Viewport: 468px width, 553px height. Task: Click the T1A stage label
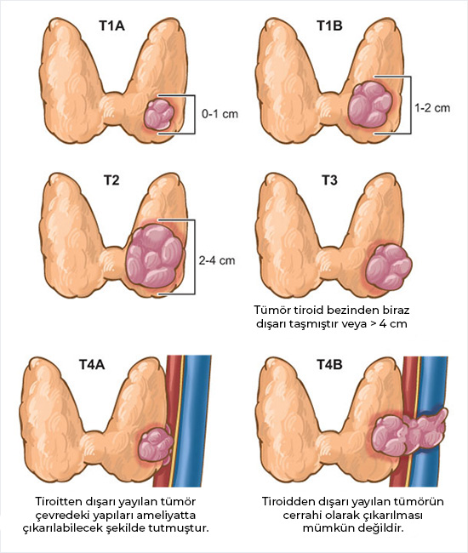click(111, 26)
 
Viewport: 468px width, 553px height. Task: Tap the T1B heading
click(329, 26)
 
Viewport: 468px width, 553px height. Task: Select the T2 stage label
click(111, 180)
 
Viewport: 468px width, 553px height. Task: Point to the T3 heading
click(329, 180)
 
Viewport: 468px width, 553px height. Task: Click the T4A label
click(92, 364)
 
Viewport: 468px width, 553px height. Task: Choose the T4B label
click(329, 364)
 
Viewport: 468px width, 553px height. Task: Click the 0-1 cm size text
click(220, 114)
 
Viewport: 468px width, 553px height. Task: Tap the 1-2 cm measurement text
click(432, 107)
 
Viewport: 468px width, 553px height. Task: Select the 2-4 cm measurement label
click(216, 260)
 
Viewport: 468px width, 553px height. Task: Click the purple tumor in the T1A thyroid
click(160, 114)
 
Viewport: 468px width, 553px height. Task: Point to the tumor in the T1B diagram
click(371, 101)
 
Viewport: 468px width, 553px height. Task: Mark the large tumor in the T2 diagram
click(154, 256)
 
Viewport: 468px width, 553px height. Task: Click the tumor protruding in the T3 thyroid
click(388, 265)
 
